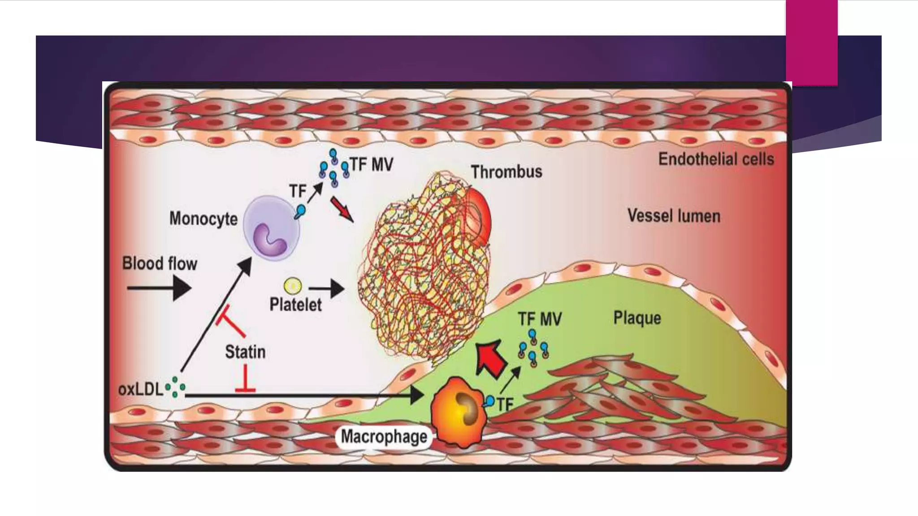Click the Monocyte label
coord(203,219)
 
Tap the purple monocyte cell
coord(271,228)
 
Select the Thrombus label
coord(506,172)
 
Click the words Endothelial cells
coord(716,159)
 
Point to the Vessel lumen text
coord(673,216)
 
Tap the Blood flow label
coord(160,263)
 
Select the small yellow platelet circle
coord(293,286)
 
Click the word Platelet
coord(295,305)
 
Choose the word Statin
coord(245,352)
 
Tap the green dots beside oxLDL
coord(175,387)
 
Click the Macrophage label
coord(384,436)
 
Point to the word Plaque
coord(637,318)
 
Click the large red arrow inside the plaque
coord(490,359)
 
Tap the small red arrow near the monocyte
coord(342,209)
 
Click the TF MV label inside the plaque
coord(539,319)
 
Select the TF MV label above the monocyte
coord(371,165)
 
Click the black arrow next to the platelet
coord(327,289)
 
